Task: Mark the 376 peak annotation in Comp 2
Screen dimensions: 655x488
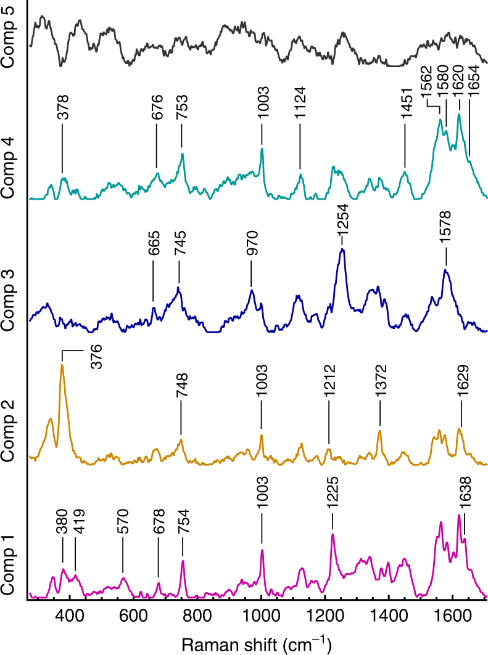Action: point(96,357)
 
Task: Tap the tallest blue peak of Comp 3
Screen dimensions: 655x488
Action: point(342,250)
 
